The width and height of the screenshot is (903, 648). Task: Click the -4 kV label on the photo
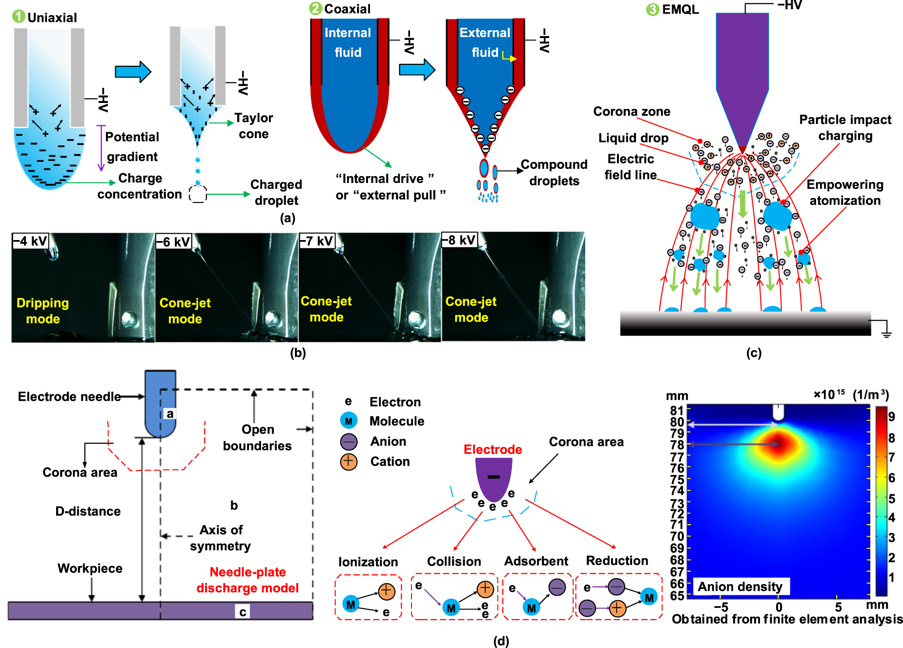[30, 241]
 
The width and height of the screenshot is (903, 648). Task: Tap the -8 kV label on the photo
[459, 240]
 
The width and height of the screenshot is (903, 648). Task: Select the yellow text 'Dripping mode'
[42, 311]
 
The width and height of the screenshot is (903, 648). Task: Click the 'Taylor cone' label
[253, 126]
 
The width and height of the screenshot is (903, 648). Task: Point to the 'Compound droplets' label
[554, 173]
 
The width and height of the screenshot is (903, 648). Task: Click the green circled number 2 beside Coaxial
[316, 9]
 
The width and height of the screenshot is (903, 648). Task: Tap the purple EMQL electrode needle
[742, 73]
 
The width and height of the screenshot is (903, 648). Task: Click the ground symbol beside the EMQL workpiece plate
[886, 333]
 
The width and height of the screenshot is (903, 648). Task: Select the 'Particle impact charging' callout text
[845, 128]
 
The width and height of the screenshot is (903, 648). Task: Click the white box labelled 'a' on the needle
[169, 414]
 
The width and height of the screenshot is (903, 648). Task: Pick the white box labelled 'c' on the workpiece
[243, 612]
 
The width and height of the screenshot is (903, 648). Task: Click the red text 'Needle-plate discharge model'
[247, 580]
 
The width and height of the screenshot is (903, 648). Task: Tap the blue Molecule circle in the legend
[349, 421]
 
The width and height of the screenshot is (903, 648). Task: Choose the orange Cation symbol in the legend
[349, 461]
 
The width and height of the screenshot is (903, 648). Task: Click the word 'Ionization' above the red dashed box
[368, 562]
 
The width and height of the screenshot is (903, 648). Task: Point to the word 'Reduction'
[617, 561]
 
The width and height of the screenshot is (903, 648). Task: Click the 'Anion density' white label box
[739, 587]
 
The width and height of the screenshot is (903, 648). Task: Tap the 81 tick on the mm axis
[677, 410]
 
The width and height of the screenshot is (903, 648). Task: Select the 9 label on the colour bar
[891, 417]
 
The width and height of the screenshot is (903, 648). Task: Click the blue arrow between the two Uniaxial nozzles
[133, 72]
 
